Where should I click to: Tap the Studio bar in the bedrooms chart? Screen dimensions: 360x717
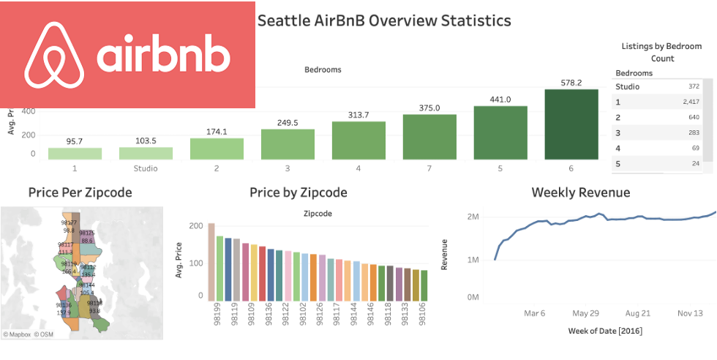pyautogui.click(x=146, y=153)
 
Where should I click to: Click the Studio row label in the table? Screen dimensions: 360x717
pyautogui.click(x=628, y=87)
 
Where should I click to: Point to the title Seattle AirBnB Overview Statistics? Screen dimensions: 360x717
pyautogui.click(x=384, y=20)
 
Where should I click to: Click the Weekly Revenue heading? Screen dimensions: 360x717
pyautogui.click(x=580, y=193)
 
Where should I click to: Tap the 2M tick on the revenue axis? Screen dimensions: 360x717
pyautogui.click(x=472, y=217)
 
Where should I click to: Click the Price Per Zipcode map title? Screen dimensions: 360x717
pyautogui.click(x=80, y=193)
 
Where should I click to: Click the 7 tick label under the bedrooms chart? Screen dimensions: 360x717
pyautogui.click(x=429, y=168)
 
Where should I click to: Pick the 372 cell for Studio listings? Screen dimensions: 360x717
pyautogui.click(x=693, y=87)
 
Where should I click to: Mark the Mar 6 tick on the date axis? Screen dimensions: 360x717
pyautogui.click(x=534, y=313)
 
